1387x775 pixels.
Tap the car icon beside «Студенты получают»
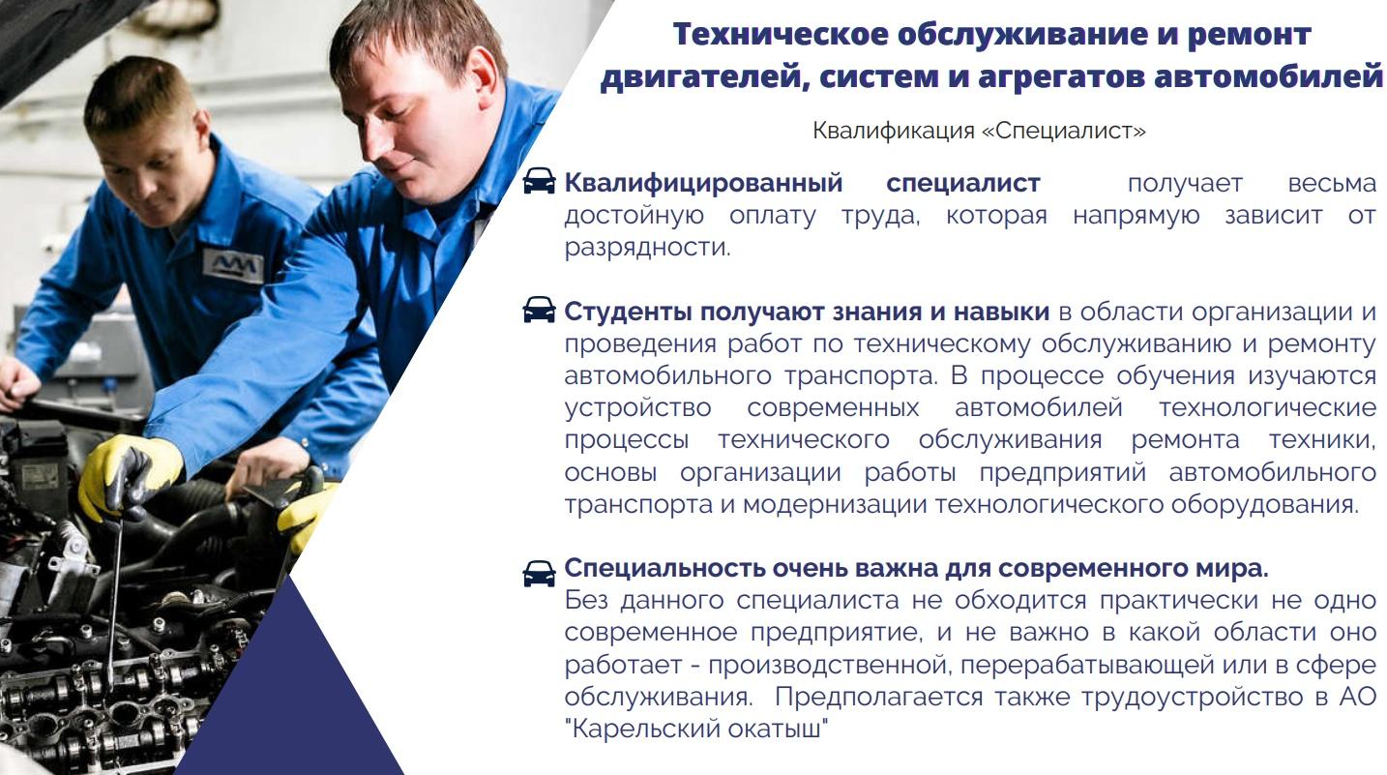(x=539, y=310)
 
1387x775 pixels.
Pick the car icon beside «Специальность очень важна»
(x=539, y=574)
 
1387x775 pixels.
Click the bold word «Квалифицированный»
(x=703, y=184)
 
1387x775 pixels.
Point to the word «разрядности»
(x=647, y=248)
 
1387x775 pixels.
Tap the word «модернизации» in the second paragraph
(x=834, y=505)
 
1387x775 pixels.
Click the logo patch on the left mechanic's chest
(x=233, y=266)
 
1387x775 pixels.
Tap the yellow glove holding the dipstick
(x=129, y=474)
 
